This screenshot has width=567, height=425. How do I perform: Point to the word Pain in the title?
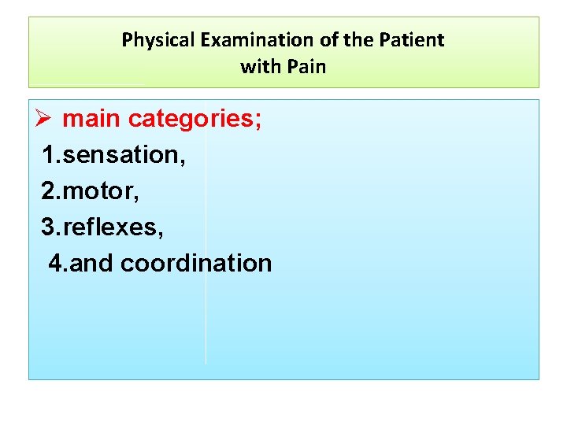click(x=306, y=67)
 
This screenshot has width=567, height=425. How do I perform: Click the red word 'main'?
click(x=92, y=120)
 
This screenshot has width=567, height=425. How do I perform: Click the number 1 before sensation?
click(x=50, y=156)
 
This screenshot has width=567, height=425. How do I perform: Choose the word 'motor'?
click(x=94, y=192)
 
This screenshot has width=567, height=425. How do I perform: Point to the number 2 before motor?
click(x=50, y=192)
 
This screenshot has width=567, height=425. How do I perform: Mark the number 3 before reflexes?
click(x=50, y=227)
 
